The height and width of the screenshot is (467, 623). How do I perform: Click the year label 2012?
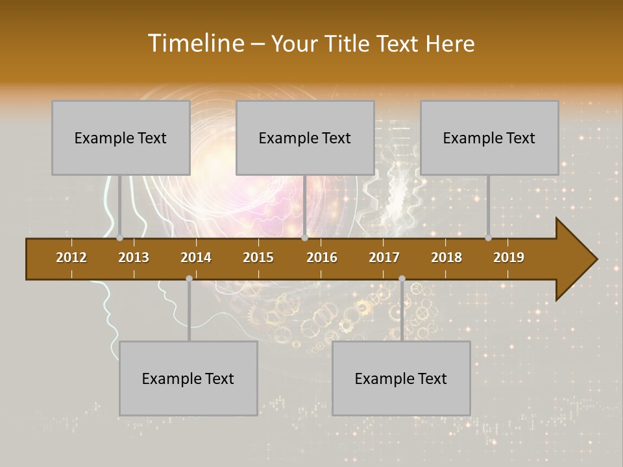coord(71,257)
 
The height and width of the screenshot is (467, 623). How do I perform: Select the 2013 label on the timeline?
coord(134,257)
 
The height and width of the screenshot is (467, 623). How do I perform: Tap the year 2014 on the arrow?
coord(196,257)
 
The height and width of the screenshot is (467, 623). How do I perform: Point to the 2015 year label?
coord(258,257)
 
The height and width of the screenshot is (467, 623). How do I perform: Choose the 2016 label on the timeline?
coord(322,257)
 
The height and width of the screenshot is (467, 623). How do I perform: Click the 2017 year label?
coord(384,257)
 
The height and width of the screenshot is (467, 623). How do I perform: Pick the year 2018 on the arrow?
coord(446,257)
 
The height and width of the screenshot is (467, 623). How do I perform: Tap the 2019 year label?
coord(509,257)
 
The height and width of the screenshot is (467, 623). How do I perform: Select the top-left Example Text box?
coord(121,138)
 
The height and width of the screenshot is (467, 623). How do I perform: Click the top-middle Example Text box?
coord(305,138)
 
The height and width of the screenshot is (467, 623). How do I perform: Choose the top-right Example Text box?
coord(489,138)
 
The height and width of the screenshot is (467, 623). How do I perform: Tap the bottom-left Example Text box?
coord(188,379)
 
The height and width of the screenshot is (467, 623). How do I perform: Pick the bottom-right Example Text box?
coord(401,379)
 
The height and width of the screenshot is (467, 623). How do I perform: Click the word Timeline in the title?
coord(195,43)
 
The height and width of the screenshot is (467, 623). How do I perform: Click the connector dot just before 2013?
coord(120,238)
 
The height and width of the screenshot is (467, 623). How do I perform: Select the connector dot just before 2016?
coord(304,238)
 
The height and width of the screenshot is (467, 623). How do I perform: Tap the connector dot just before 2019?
coord(489,238)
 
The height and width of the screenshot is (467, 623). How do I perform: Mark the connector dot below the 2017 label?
coord(402,279)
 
